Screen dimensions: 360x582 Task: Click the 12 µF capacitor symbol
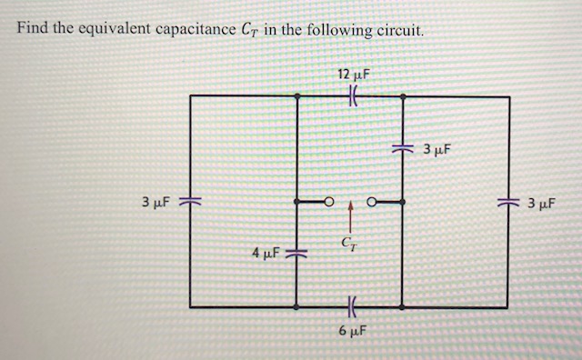pyautogui.click(x=350, y=95)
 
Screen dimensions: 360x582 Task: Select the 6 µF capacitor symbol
pyautogui.click(x=350, y=308)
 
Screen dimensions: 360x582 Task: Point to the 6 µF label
pyautogui.click(x=351, y=332)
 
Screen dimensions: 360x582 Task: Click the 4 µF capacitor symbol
pyautogui.click(x=297, y=250)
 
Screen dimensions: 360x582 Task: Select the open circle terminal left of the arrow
pyautogui.click(x=331, y=201)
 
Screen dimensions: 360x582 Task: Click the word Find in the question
pyautogui.click(x=33, y=28)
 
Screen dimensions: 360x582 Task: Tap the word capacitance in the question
pyautogui.click(x=195, y=29)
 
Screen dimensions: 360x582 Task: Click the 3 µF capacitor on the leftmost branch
pyautogui.click(x=190, y=201)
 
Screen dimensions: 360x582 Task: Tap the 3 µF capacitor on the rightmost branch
pyautogui.click(x=507, y=201)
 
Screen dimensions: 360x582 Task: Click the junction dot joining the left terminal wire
pyautogui.click(x=297, y=201)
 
